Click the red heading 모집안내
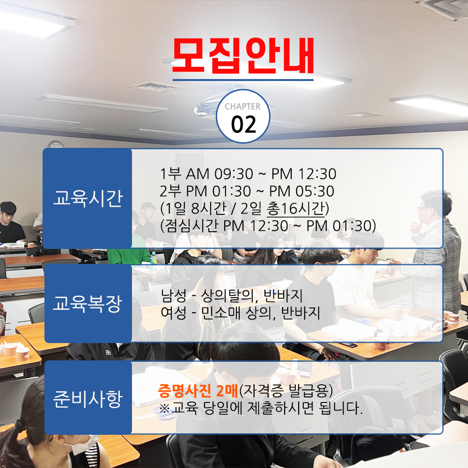[243, 56]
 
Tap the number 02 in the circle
[243, 124]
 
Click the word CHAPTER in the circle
[242, 107]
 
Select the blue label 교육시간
[88, 198]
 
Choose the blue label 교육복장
[88, 304]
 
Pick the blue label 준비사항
[88, 399]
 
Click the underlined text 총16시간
[295, 208]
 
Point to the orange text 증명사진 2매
[198, 391]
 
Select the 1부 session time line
[249, 174]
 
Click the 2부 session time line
[247, 191]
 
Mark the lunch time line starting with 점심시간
[268, 226]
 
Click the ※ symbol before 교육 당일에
[164, 408]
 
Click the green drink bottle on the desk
[154, 262]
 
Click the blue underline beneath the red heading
[243, 80]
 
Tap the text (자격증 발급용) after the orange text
[286, 391]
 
